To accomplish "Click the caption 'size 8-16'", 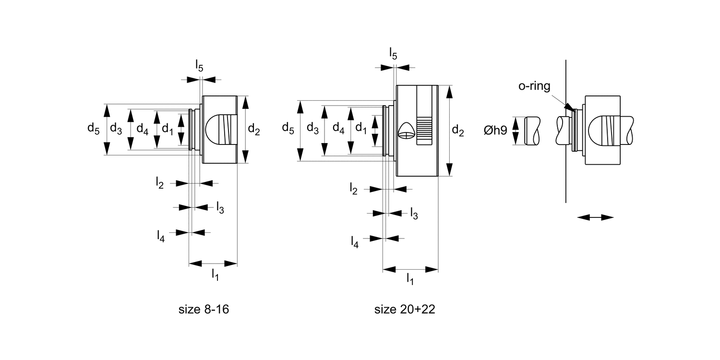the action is pos(204,309).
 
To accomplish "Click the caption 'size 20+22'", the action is pos(405,309).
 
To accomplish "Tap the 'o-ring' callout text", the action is pos(534,86).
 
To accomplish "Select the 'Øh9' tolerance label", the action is pos(495,130).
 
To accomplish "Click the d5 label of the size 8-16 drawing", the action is pos(93,129).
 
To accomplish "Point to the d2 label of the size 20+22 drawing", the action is pos(458,131).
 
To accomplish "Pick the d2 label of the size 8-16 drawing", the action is pos(254,130).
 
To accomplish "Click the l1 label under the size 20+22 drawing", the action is pos(410,279).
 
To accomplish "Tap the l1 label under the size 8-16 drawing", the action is pos(215,275).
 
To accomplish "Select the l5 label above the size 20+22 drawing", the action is pos(393,53).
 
